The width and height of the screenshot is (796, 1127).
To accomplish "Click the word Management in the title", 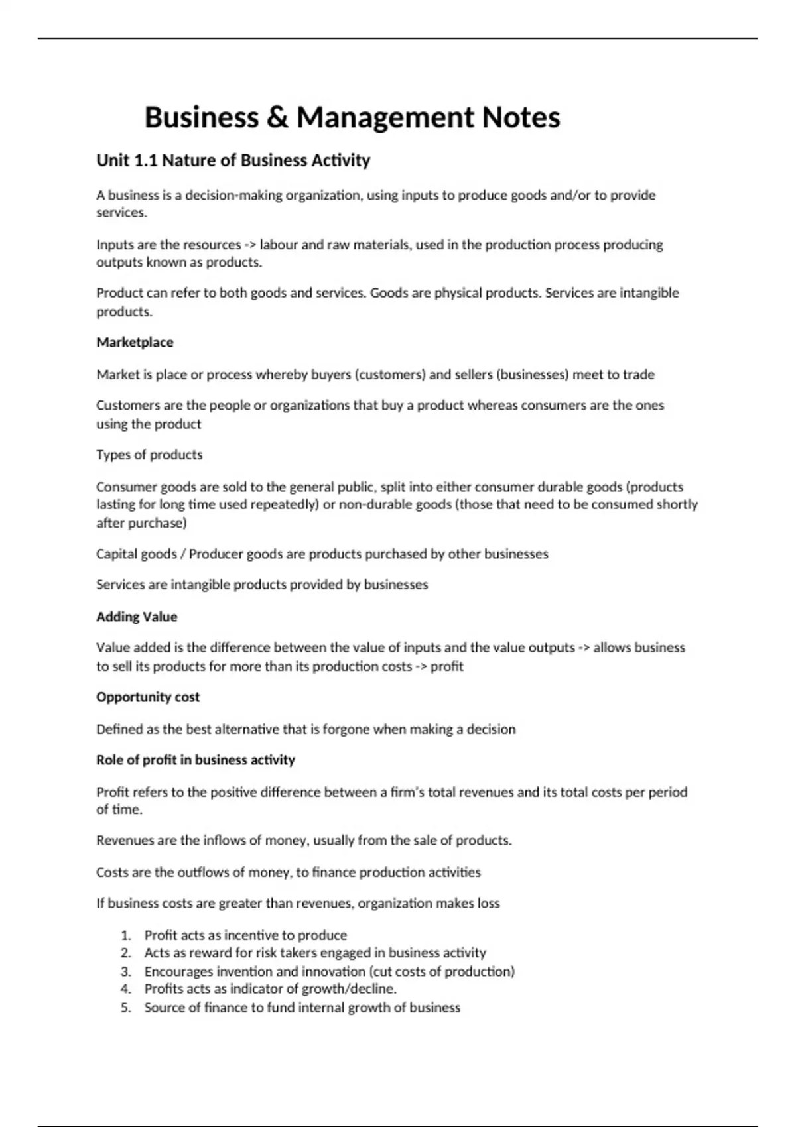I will tap(385, 118).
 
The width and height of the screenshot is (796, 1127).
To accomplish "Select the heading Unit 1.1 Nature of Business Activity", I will tap(233, 160).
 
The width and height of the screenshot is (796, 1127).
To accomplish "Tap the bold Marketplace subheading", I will tap(135, 342).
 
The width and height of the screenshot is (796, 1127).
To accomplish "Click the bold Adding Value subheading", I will tap(137, 617).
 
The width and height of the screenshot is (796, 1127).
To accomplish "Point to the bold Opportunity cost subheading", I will tap(148, 697).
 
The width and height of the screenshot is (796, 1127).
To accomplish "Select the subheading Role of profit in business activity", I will tap(196, 760).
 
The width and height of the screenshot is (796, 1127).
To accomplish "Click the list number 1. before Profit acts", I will tap(126, 935).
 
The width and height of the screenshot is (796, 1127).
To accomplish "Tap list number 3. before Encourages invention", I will tap(126, 971).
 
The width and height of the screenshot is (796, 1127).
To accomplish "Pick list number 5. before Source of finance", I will tap(126, 1008).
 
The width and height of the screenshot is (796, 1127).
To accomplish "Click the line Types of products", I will tap(149, 455).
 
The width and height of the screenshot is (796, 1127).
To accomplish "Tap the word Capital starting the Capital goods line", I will tap(115, 554).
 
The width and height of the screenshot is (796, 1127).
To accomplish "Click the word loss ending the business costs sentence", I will tap(488, 903).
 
